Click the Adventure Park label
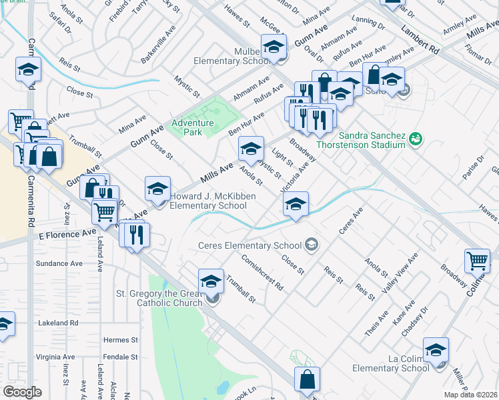click(193, 127)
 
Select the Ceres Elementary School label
click(251, 245)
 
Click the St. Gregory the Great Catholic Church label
click(159, 298)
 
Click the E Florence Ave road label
click(69, 235)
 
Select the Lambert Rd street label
click(419, 41)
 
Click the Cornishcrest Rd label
click(263, 273)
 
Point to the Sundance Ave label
click(59, 264)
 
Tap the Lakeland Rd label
click(59, 323)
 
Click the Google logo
click(23, 391)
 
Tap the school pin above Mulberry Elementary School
click(273, 47)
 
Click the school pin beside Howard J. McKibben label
click(157, 189)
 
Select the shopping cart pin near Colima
click(477, 261)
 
